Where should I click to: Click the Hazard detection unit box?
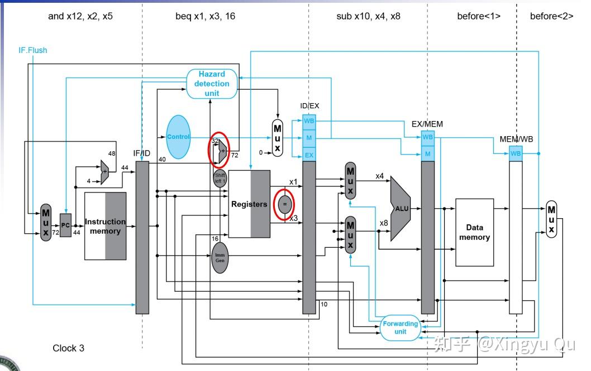click(x=212, y=84)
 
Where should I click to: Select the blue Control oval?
click(x=178, y=137)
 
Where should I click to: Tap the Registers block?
click(x=249, y=204)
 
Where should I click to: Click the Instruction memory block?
click(x=105, y=226)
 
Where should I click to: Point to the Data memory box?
click(x=475, y=232)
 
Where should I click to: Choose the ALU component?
click(x=399, y=209)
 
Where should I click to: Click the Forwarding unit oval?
click(x=401, y=327)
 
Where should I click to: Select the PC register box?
click(x=65, y=225)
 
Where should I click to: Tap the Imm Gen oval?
click(x=220, y=258)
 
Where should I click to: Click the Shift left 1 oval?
click(x=220, y=178)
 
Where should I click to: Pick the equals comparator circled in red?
click(x=284, y=204)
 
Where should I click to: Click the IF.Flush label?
click(x=33, y=50)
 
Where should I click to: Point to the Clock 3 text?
click(x=68, y=348)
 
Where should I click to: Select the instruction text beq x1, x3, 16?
click(x=206, y=16)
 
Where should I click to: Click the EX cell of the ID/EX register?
click(x=309, y=155)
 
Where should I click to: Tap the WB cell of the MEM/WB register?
click(x=516, y=153)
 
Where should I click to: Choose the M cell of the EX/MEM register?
click(x=428, y=153)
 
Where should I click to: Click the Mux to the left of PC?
click(x=46, y=223)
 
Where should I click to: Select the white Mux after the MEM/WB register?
click(x=551, y=219)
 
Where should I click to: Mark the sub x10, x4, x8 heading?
click(x=368, y=16)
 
